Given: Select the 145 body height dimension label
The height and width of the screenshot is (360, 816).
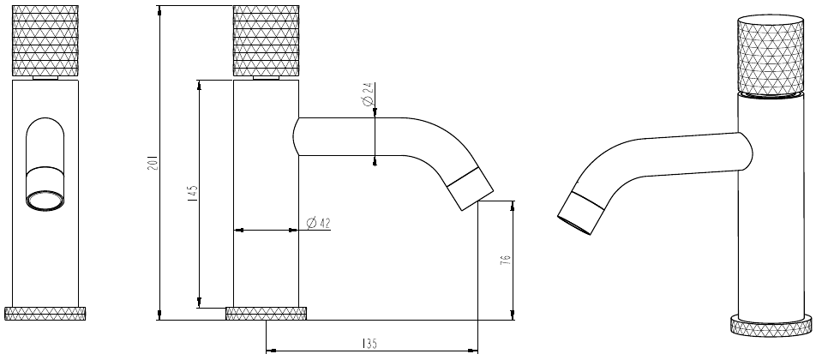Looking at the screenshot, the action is [x=193, y=194].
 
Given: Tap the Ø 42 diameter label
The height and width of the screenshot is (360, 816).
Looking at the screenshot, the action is [x=319, y=223].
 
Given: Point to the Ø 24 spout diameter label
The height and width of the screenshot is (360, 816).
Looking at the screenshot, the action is [x=368, y=94].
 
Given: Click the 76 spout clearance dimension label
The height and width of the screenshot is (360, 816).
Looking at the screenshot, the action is [x=505, y=260].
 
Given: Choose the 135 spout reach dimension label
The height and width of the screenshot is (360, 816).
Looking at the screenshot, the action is [x=369, y=344].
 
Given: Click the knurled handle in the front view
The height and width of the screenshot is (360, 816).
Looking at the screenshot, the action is [x=45, y=40].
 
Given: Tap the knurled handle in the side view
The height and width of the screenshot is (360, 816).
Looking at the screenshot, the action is [x=266, y=40].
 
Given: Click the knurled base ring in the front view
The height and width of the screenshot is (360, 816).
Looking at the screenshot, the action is [x=45, y=314].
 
